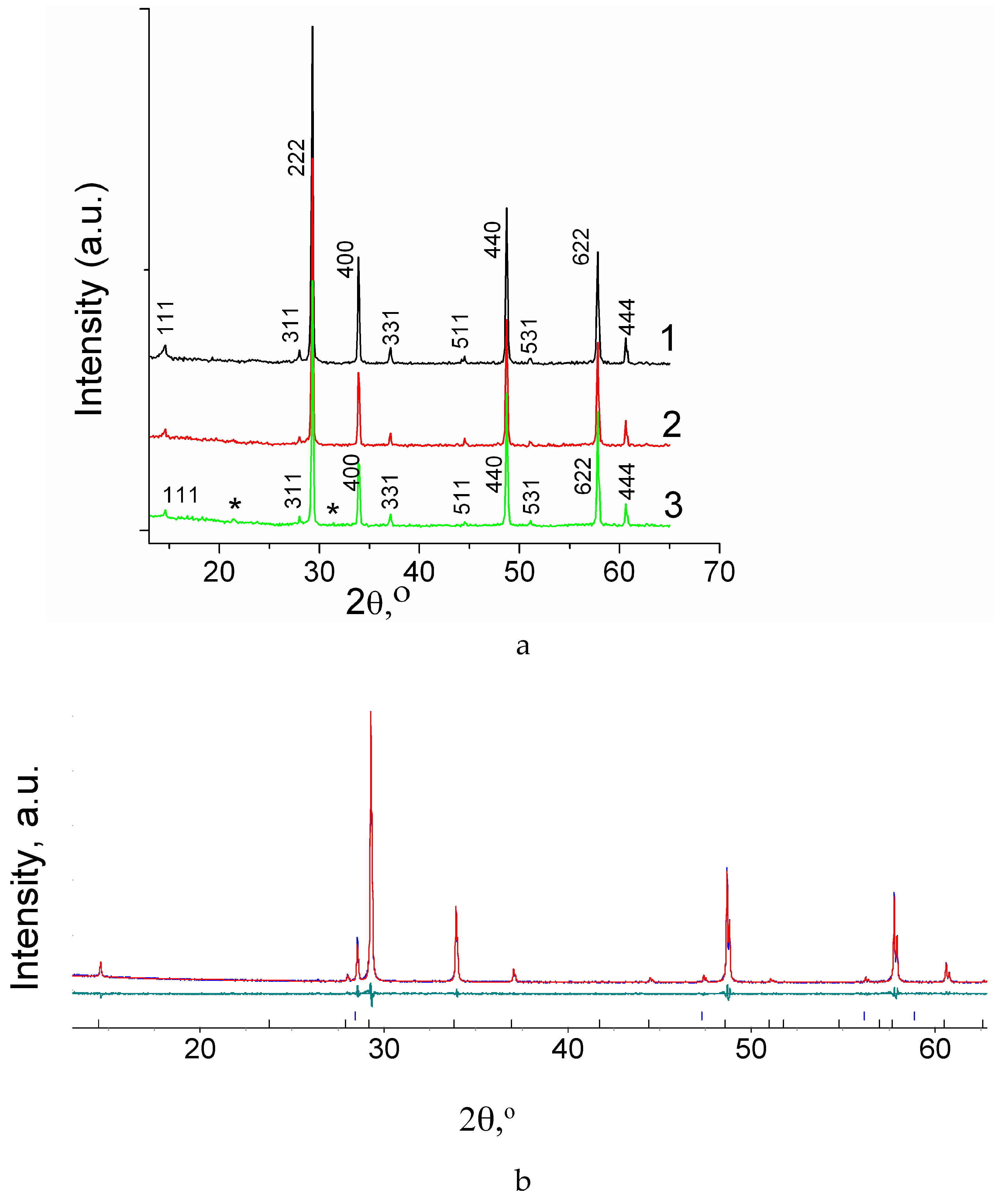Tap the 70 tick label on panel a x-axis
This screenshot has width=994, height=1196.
tap(719, 572)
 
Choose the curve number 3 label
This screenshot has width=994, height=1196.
tap(673, 505)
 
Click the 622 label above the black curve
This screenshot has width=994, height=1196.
tap(581, 247)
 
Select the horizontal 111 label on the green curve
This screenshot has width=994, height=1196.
tap(181, 496)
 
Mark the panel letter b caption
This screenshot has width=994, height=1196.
tap(522, 1180)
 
